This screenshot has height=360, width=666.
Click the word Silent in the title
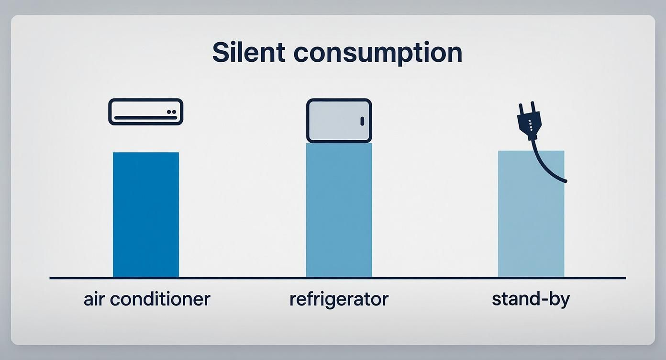(249, 52)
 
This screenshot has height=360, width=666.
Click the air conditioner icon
(146, 112)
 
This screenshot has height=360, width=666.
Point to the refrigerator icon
(339, 121)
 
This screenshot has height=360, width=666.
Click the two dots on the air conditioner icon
(173, 112)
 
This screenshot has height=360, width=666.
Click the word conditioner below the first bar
(160, 299)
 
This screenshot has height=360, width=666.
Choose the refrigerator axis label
(339, 299)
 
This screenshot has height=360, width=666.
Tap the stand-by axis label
(531, 299)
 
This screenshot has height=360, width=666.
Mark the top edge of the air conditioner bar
(146, 153)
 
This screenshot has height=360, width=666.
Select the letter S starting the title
(220, 52)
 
